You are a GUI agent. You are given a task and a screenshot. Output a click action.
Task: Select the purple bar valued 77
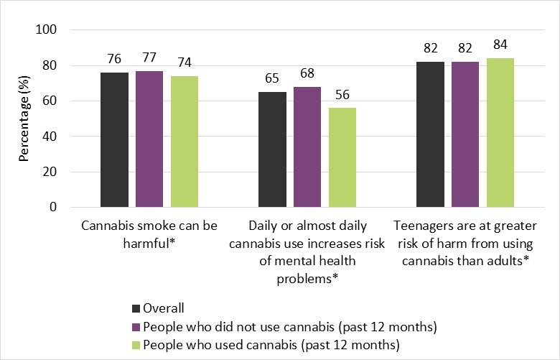pos(149,139)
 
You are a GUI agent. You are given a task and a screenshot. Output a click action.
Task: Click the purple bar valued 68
pos(307,147)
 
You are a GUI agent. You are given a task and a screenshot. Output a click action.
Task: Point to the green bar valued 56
pos(342,157)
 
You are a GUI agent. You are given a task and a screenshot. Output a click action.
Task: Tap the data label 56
pos(342,96)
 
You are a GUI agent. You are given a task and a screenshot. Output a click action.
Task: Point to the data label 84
pos(500,46)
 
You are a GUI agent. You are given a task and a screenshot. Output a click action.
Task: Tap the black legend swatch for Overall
pos(136,308)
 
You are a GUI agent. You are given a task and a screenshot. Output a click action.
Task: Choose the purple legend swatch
pos(136,326)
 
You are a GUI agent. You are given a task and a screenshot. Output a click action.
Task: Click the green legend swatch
pos(136,344)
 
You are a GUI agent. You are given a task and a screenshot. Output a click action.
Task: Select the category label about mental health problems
pos(307,251)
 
